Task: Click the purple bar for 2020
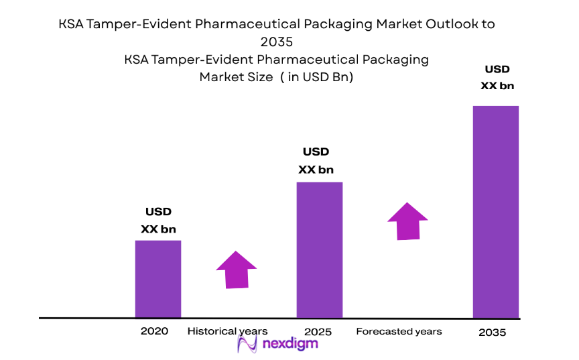[158, 278]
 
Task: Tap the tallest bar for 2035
[496, 211]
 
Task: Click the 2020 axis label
[154, 331]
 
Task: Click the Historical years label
[227, 331]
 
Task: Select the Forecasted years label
[399, 331]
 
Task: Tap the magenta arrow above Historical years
[237, 269]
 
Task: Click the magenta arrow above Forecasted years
[407, 221]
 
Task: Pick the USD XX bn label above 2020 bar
[158, 221]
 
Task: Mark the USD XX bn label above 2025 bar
[316, 161]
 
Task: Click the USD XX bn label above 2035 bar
[497, 77]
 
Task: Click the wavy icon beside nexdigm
[248, 344]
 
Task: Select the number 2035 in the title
[277, 42]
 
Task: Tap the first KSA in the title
[72, 25]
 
